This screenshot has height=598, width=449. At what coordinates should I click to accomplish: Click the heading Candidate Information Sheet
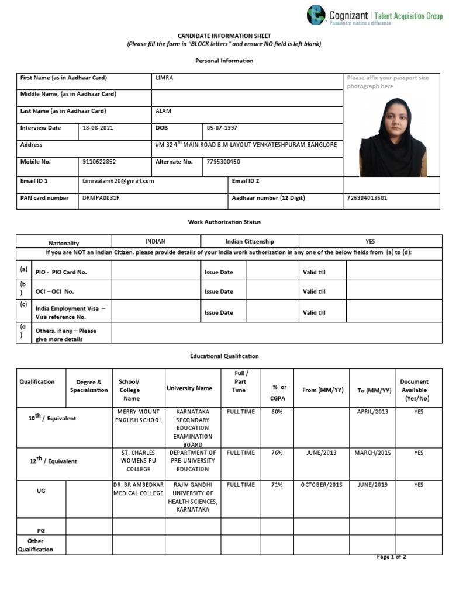[224, 36]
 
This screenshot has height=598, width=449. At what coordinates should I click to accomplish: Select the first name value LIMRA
[165, 78]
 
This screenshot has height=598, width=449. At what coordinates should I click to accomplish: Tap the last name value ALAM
[163, 111]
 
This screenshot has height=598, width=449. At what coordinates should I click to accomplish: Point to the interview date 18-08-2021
[98, 128]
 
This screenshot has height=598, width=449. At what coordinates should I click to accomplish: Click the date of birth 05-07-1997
[222, 128]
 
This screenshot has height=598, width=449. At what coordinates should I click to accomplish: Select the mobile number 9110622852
[99, 162]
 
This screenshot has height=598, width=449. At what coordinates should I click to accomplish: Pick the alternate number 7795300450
[223, 162]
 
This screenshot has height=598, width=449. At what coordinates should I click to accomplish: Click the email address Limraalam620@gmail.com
[118, 181]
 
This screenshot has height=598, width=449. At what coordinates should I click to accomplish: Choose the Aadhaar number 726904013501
[367, 198]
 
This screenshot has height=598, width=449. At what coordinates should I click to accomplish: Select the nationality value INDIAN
[156, 241]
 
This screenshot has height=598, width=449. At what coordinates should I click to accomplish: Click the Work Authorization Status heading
[224, 222]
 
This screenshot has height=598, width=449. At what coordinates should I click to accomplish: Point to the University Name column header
[189, 388]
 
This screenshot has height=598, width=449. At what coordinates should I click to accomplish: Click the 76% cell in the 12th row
[277, 453]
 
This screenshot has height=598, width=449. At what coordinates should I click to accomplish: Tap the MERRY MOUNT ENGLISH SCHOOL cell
[139, 416]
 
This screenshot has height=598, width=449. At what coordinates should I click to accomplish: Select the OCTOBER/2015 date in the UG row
[322, 485]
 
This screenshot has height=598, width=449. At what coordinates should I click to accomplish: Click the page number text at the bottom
[391, 557]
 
